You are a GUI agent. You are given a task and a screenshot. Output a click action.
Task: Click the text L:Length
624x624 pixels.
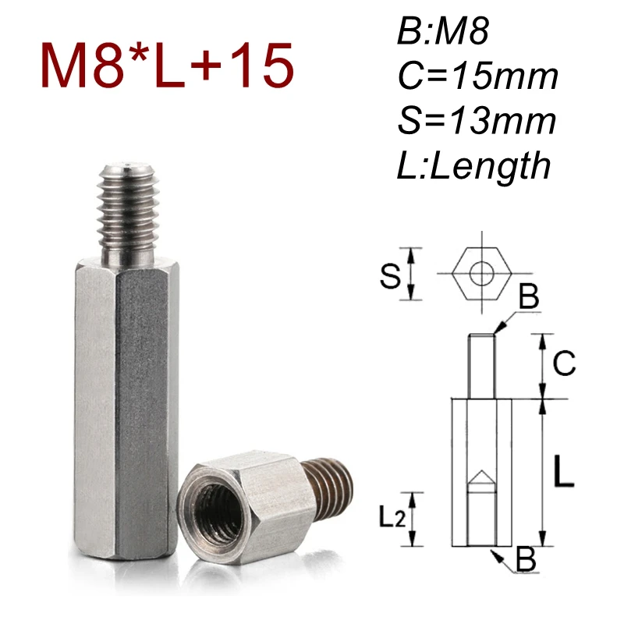pos(472,165)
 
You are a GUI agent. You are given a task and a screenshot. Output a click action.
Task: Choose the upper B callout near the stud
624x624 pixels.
pos(528,298)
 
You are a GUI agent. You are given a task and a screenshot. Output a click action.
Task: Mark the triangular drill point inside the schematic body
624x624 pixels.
pos(480,479)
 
